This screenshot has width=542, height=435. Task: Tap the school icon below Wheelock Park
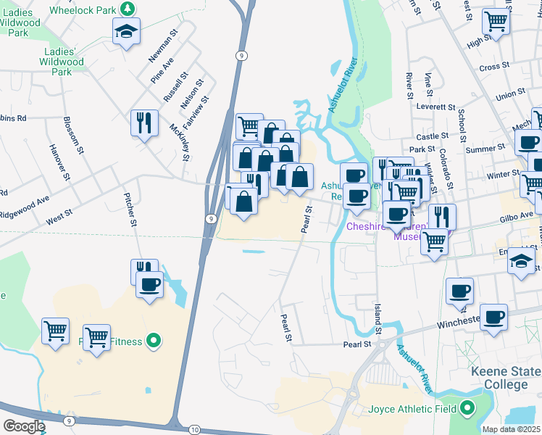pos(125,31)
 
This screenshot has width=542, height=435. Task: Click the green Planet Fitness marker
pos(153,339)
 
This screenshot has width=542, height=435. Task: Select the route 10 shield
pos(195,430)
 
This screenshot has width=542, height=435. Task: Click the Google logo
pos(24,426)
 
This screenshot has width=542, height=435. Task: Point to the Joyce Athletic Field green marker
pos(467,408)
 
